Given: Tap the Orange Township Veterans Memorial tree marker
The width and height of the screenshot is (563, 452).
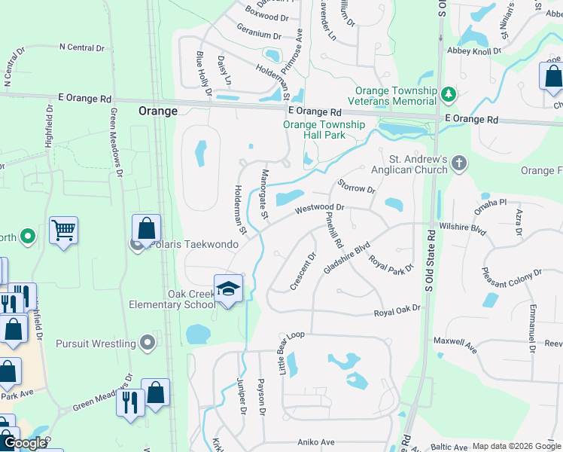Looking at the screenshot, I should pyautogui.click(x=449, y=93).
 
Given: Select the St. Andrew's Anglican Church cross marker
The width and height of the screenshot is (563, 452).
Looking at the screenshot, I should pyautogui.click(x=458, y=162).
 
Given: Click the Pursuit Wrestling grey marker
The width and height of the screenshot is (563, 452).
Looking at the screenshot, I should pyautogui.click(x=148, y=344).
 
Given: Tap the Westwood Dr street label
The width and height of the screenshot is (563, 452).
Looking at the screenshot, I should pyautogui.click(x=319, y=207).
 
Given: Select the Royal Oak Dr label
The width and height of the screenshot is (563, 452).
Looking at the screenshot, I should pyautogui.click(x=397, y=310).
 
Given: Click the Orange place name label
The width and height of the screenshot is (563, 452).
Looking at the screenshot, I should pyautogui.click(x=158, y=111).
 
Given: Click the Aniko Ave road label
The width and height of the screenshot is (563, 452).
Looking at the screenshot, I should pyautogui.click(x=315, y=441).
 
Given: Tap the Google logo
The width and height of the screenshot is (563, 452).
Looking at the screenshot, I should pyautogui.click(x=25, y=443).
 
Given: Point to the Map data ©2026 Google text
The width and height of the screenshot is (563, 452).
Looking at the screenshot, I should pyautogui.click(x=516, y=446).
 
